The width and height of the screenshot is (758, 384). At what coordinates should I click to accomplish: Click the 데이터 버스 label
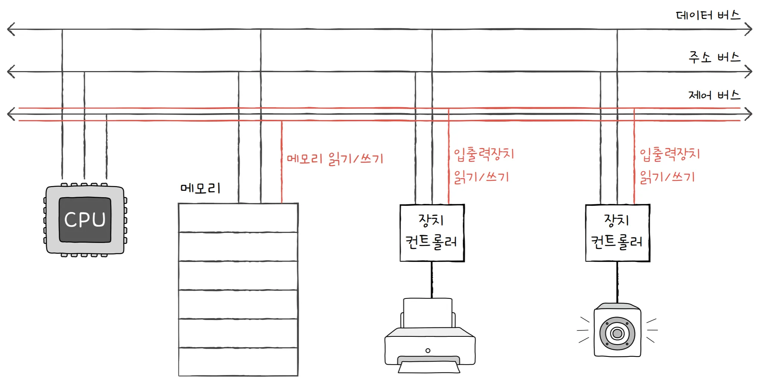[708, 16]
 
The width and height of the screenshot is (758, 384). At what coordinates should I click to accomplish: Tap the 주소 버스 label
[714, 58]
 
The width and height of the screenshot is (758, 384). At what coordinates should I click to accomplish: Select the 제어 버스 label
[714, 95]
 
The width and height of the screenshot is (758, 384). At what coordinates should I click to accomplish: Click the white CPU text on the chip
[85, 220]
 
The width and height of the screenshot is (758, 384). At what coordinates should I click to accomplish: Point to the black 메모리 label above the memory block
[200, 188]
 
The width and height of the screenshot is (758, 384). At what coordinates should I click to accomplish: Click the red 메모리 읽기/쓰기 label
[335, 159]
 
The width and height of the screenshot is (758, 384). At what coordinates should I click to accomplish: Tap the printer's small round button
[428, 351]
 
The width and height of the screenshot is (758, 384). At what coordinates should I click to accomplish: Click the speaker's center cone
[617, 333]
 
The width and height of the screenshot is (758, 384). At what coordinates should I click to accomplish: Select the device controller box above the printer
[432, 233]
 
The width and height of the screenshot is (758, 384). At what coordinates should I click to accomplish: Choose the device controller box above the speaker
[617, 233]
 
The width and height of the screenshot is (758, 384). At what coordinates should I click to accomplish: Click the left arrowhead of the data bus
[11, 29]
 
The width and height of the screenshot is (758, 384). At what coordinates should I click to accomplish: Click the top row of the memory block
[238, 218]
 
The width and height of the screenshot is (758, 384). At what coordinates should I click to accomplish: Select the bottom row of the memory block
[238, 362]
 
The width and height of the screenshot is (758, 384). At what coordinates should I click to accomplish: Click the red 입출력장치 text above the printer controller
[484, 154]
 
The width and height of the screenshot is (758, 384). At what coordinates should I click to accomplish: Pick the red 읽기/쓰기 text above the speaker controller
[667, 177]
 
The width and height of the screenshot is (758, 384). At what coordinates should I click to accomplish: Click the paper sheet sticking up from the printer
[428, 313]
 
